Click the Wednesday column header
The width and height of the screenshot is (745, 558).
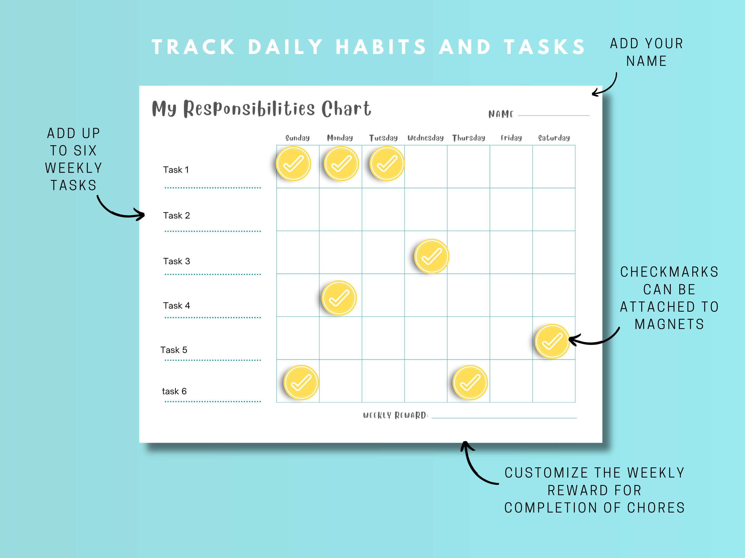point(425,138)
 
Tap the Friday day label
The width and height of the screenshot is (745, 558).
point(511,138)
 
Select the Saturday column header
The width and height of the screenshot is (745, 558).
point(554,138)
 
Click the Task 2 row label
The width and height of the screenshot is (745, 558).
point(177,215)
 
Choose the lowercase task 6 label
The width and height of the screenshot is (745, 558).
point(174,391)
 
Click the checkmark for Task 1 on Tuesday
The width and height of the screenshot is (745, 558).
point(387,164)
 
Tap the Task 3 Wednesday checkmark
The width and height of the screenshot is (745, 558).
point(432,257)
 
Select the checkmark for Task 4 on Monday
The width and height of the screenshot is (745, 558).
point(339,298)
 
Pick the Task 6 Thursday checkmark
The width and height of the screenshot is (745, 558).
point(470,382)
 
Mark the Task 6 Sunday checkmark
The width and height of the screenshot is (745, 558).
point(301,382)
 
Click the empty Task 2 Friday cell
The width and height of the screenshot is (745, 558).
point(511,209)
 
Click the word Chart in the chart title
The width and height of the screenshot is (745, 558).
point(346,109)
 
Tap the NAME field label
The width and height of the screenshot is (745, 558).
point(501,114)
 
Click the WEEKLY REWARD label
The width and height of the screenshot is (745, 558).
point(395,415)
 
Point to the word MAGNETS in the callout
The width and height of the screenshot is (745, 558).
point(669,324)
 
